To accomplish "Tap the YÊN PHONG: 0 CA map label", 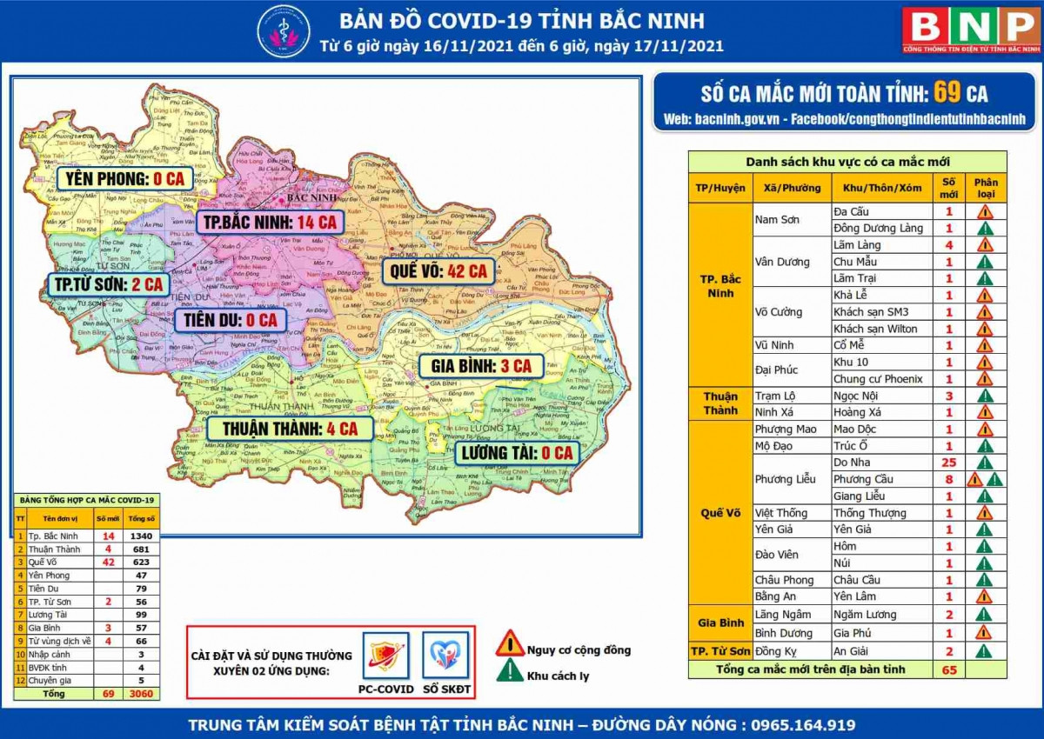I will tap(124, 179).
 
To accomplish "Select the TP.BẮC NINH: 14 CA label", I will tap(269, 223).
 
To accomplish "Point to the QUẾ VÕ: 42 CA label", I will tap(438, 271).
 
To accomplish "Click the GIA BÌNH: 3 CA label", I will tap(481, 366).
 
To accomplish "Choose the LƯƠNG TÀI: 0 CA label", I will tap(517, 453).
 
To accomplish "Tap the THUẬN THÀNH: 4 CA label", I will tap(290, 429).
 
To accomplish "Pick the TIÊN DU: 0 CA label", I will tap(230, 320).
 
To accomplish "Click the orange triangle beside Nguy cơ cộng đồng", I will tap(510, 644).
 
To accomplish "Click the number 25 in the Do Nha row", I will tap(948, 463).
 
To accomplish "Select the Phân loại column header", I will tap(986, 188).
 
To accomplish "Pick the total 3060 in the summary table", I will tap(140, 694).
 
